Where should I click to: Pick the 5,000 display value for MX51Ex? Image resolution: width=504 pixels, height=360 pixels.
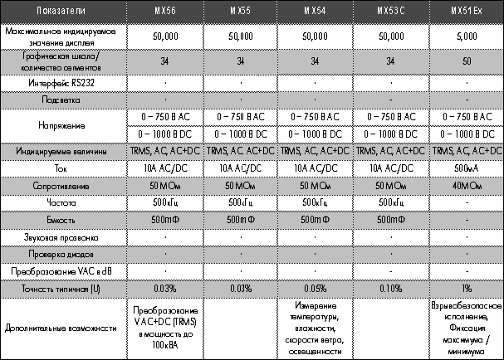(465, 36)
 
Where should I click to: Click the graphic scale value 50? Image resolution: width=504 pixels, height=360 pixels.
(465, 61)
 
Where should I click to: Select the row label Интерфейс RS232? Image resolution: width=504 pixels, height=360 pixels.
(63, 83)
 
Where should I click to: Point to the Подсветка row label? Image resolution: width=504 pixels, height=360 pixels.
(63, 100)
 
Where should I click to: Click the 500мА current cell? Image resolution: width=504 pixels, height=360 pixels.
(465, 167)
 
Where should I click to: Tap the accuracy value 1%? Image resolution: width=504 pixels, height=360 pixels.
(465, 288)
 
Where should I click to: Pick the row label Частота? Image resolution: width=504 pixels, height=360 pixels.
(63, 202)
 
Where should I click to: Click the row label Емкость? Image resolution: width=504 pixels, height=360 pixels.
(63, 219)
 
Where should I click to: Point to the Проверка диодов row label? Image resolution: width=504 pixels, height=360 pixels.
(63, 253)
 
